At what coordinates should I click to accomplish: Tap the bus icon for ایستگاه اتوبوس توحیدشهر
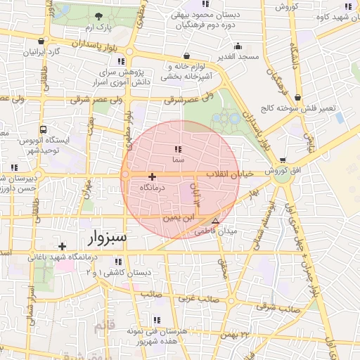(44, 130)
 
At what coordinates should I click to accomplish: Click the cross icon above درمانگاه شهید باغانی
(63, 246)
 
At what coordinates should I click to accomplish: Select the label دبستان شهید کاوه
(331, 16)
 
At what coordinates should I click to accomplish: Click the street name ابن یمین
(176, 217)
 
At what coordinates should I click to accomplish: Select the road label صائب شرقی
(274, 307)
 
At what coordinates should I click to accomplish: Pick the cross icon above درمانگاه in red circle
(152, 176)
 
